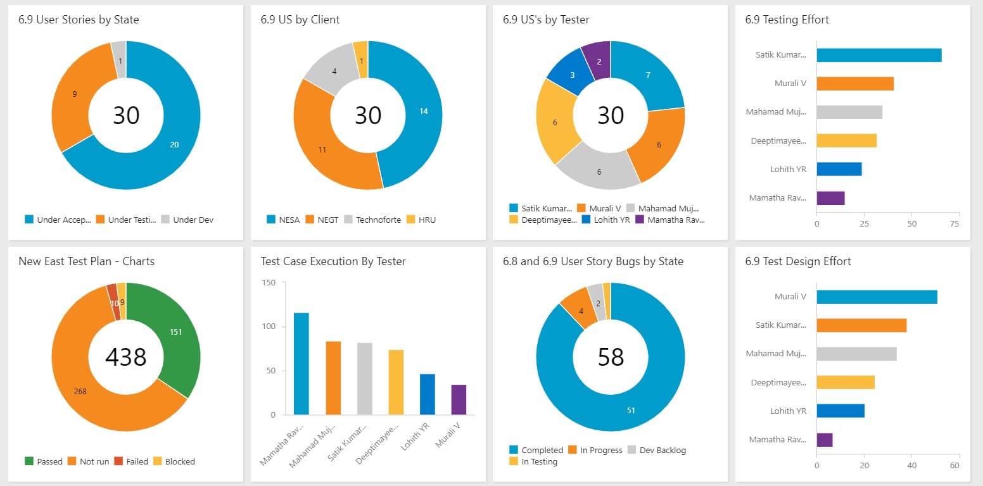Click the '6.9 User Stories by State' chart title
click(79, 20)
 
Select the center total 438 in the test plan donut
click(126, 358)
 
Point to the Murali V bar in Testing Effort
click(854, 84)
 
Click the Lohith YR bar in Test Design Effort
click(840, 411)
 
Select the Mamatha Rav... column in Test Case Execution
click(301, 364)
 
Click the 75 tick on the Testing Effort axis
click(954, 224)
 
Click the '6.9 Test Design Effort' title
click(797, 261)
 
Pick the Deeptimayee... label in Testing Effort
click(778, 140)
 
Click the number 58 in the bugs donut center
click(611, 358)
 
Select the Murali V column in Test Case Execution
click(459, 399)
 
